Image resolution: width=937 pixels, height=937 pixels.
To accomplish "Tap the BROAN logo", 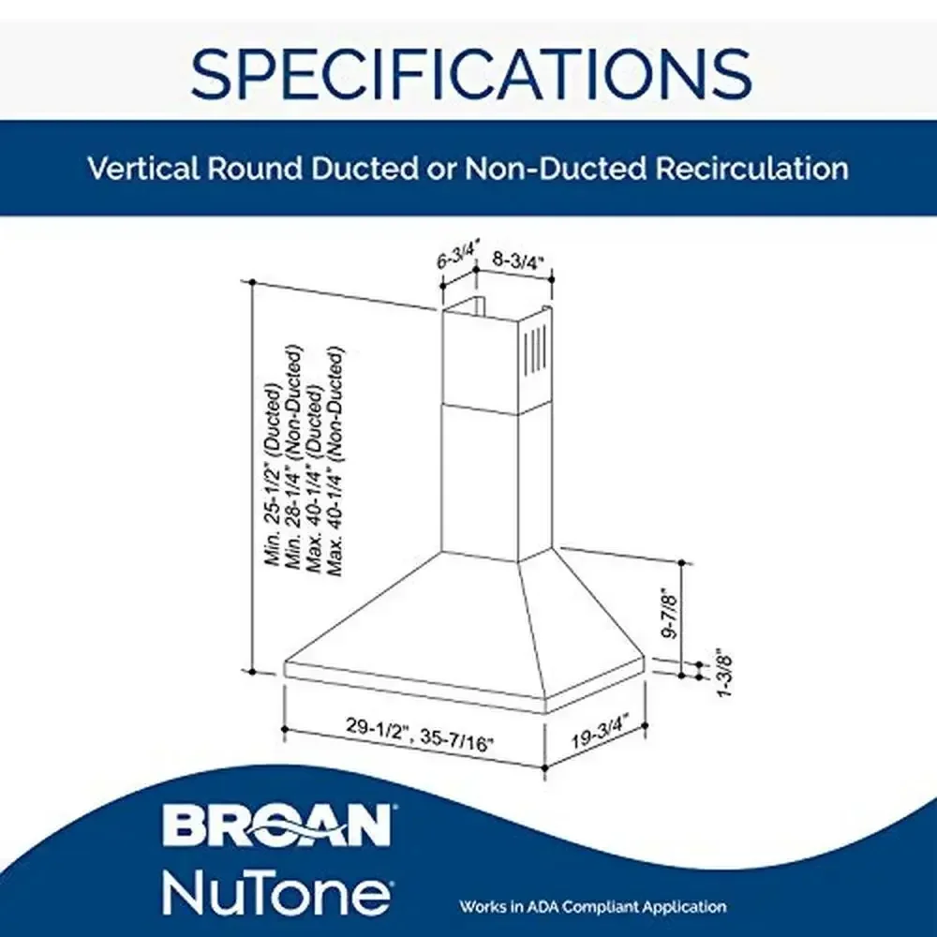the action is [x=277, y=825].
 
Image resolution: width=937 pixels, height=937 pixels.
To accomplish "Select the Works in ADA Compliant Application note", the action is [x=592, y=906].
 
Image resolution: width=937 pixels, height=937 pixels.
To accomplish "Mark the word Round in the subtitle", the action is [x=246, y=169].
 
